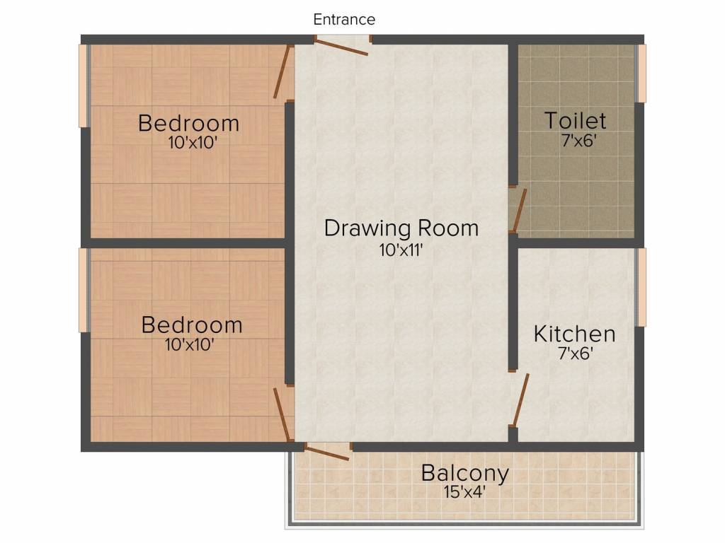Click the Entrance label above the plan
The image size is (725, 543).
(x=344, y=20)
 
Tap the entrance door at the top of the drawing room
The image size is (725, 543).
(x=341, y=47)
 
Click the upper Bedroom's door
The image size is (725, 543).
(x=283, y=72)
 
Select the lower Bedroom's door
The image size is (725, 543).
(x=283, y=414)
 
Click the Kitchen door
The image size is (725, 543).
(x=521, y=400)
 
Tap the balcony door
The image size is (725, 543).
(x=327, y=452)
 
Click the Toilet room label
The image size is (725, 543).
(x=575, y=120)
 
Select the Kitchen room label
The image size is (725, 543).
(x=574, y=333)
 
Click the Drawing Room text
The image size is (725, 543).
(x=401, y=228)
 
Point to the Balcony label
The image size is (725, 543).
(x=464, y=473)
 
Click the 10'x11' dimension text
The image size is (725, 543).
(x=401, y=250)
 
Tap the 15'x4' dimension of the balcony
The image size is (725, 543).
(x=464, y=491)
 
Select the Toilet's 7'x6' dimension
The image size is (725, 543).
(x=575, y=140)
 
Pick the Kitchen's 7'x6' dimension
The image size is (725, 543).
(x=574, y=353)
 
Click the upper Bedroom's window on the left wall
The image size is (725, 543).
(x=84, y=86)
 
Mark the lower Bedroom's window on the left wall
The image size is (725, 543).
(x=84, y=290)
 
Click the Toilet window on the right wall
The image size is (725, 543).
(x=641, y=74)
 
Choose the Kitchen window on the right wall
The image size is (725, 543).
(x=641, y=287)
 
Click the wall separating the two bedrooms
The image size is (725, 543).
(x=188, y=243)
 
